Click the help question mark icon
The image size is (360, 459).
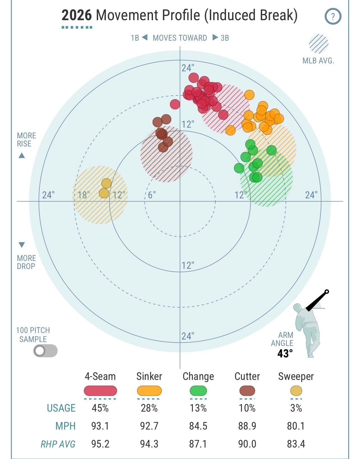coord(333,17)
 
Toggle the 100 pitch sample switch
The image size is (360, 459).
coord(45,351)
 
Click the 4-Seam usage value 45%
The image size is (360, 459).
coord(100,408)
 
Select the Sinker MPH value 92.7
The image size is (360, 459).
coord(149,426)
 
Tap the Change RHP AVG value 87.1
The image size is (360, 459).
coord(198,444)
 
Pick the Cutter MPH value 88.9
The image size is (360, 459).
coord(247,426)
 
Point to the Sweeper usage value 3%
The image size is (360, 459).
coord(296,408)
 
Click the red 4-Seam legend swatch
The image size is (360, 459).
coord(100,391)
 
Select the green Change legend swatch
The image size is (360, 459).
coord(198,391)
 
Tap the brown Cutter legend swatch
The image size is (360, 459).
coord(247,391)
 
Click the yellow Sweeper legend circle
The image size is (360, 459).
coord(296,391)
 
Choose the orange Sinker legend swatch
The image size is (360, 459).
coord(149,391)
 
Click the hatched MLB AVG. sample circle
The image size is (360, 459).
coord(319,44)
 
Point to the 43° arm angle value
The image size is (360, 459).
coord(285,354)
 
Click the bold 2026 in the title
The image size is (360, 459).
coord(77,15)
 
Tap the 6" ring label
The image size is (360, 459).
coord(152,195)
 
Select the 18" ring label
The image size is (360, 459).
coord(84,195)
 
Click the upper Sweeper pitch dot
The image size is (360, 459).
coord(106,183)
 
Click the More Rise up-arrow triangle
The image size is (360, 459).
coord(22,155)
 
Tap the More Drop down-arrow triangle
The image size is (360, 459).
coord(22,245)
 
